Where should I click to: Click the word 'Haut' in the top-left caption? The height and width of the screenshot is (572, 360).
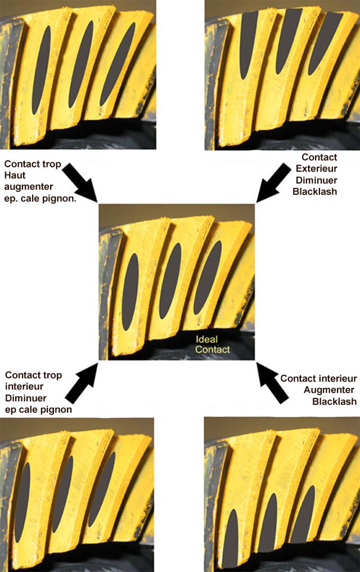tap(16, 174)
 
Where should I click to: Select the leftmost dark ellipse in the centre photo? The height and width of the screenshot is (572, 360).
tap(130, 291)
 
